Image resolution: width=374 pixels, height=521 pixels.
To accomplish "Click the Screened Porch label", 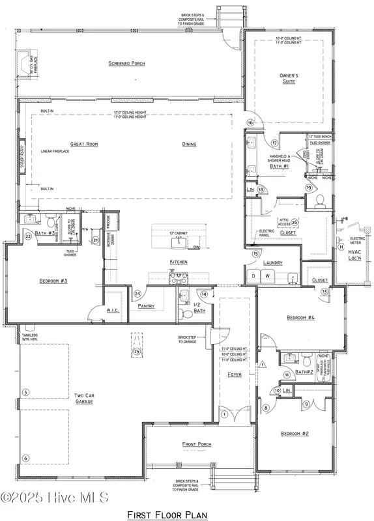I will [x=127, y=64].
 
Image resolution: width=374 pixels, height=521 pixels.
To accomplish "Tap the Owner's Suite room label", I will [x=288, y=79].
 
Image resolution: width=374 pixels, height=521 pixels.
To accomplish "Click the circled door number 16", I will [x=250, y=122].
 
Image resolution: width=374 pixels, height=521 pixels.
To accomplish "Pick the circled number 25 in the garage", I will [x=137, y=352].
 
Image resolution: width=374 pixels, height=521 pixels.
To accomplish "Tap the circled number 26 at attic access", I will [x=294, y=222].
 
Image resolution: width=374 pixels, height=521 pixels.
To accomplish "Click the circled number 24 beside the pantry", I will [x=137, y=294].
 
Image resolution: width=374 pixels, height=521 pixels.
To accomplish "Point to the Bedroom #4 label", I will [x=300, y=318].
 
